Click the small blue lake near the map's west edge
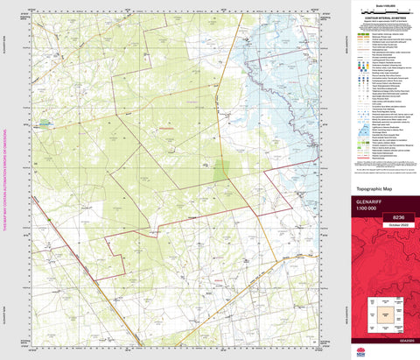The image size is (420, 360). click(45, 124)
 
